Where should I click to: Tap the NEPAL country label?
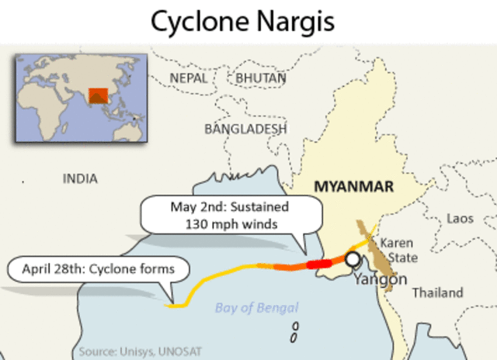(189, 78)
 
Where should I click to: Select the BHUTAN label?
(260, 78)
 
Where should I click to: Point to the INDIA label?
(80, 179)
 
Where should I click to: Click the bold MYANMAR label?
(353, 186)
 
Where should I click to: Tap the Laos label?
(461, 219)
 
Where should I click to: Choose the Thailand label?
(437, 292)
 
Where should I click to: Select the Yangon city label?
(380, 279)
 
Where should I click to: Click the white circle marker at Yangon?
(353, 259)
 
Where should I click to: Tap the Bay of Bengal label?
(256, 308)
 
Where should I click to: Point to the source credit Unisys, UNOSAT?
(141, 351)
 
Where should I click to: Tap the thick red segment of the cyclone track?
(318, 264)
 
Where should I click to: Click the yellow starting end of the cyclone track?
(172, 305)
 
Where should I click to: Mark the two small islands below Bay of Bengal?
(294, 332)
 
